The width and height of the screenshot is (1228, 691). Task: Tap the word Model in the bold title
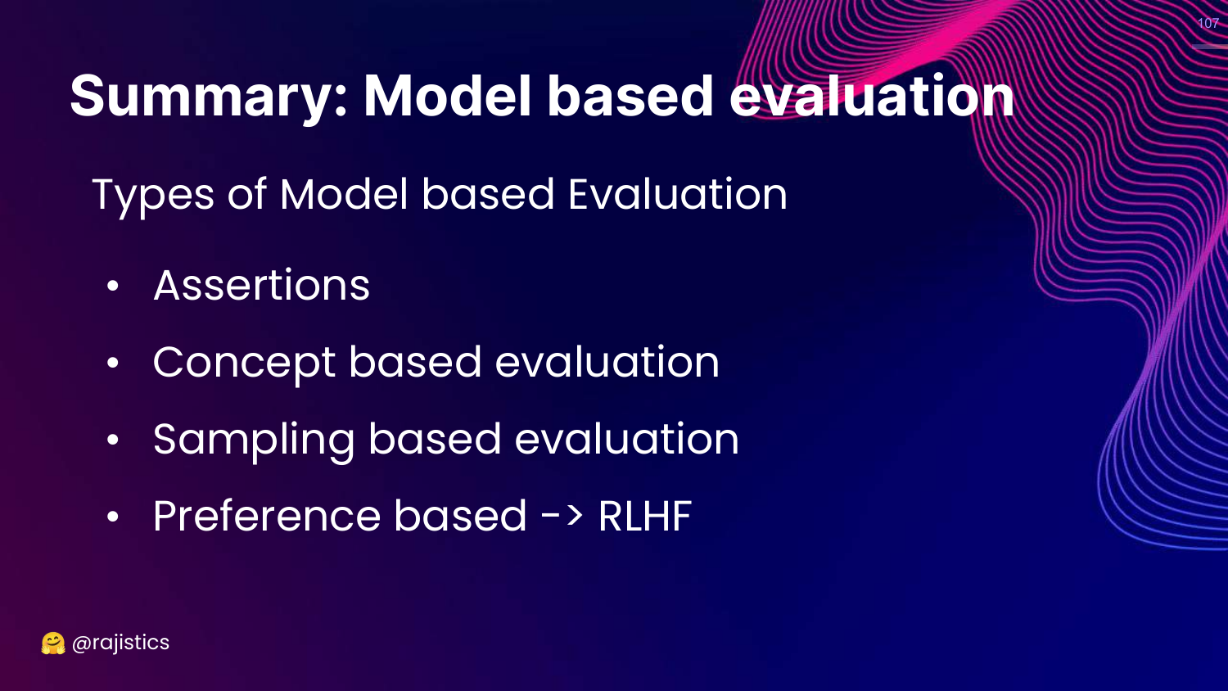click(x=447, y=96)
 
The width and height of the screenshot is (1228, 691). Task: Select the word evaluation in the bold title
click(x=871, y=96)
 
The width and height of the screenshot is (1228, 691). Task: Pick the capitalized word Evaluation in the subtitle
click(x=678, y=193)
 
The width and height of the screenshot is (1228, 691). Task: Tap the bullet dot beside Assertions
click(x=113, y=286)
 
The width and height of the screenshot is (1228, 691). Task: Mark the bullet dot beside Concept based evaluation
click(x=113, y=363)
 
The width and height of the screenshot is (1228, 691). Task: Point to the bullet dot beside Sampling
click(x=113, y=440)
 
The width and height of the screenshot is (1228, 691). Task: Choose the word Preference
click(x=267, y=516)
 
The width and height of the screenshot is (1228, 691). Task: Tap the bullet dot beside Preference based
click(x=113, y=516)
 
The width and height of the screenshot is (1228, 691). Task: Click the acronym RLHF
click(x=645, y=516)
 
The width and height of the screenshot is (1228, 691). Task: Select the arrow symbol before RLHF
click(x=562, y=516)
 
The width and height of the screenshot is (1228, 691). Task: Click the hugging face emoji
click(x=53, y=644)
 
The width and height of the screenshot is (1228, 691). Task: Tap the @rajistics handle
click(x=120, y=643)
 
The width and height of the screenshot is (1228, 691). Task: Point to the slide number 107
click(x=1208, y=23)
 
